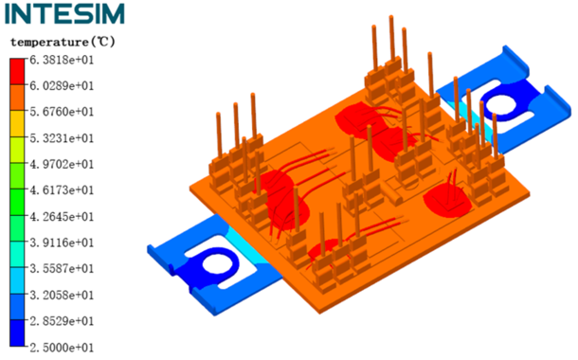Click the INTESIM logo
point(64,13)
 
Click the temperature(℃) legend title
point(63,42)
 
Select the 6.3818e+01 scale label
point(62,60)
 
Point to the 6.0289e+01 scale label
point(62,86)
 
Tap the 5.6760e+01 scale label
point(62,112)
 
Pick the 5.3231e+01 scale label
point(62,138)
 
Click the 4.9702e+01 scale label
point(62,164)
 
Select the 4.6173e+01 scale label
point(62,190)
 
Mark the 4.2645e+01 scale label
point(62,216)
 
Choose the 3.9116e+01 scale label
point(62,243)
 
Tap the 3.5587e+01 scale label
point(62,268)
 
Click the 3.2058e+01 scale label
point(62,295)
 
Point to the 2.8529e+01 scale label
point(62,321)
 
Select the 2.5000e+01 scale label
point(62,348)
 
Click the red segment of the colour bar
point(17,72)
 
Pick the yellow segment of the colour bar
point(17,124)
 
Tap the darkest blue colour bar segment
point(17,333)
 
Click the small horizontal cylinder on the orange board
point(393,194)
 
